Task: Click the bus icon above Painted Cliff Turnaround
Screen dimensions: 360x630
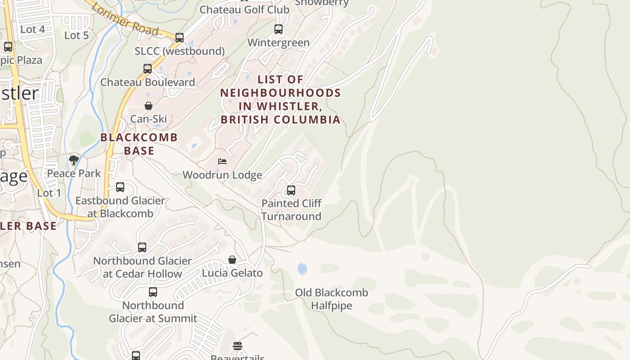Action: [291, 190]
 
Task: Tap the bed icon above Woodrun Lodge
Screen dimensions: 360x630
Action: [222, 162]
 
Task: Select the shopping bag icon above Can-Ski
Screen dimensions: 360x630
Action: [148, 106]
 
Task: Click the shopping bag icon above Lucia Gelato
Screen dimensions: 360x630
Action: [232, 260]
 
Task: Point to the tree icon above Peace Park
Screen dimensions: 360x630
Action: [74, 160]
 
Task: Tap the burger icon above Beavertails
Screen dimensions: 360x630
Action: [238, 346]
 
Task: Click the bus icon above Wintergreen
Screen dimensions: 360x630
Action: [279, 29]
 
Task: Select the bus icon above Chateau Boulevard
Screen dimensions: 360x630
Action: [148, 69]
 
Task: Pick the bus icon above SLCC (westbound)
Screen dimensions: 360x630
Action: [180, 38]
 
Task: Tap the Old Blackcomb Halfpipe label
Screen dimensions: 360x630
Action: [331, 299]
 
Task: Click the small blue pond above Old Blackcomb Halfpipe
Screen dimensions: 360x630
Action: [302, 269]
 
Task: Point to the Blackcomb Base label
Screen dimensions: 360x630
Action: [139, 144]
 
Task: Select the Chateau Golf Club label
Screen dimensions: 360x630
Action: [244, 9]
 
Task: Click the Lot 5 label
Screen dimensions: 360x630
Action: [76, 35]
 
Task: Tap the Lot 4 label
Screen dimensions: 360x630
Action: [33, 29]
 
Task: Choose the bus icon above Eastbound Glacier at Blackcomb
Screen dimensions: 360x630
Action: [120, 187]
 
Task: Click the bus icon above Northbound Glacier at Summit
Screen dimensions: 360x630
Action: [153, 292]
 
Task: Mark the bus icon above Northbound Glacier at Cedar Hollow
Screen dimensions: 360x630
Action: [142, 247]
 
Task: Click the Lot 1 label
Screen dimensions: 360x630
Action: [49, 193]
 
